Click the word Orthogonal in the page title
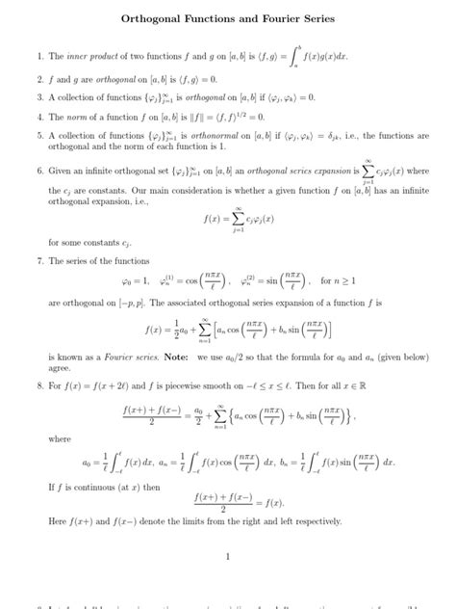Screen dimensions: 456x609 [152, 18]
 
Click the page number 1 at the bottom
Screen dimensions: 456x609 [228, 556]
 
